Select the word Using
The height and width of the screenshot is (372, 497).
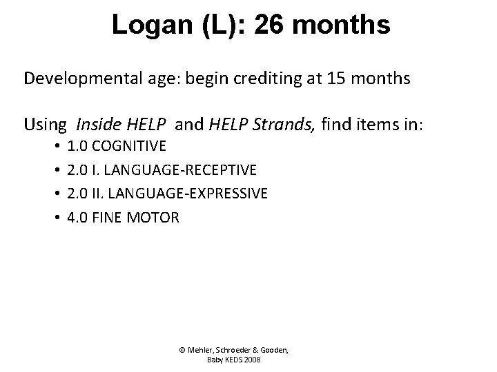[45, 125]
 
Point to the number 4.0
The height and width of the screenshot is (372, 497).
[77, 218]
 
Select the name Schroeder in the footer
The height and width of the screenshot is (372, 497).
[233, 350]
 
